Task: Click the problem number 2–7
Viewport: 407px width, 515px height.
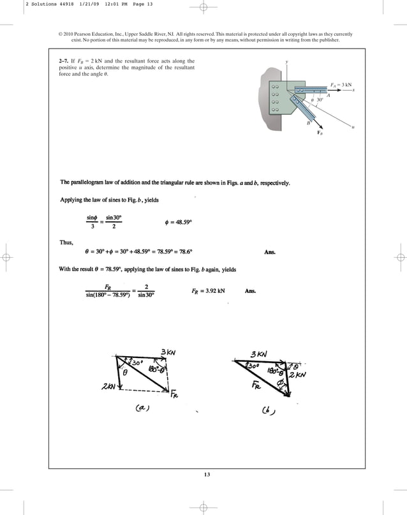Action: pyautogui.click(x=64, y=61)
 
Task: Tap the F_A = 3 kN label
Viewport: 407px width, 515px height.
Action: pyautogui.click(x=341, y=84)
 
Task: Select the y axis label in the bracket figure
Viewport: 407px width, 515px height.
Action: pyautogui.click(x=287, y=62)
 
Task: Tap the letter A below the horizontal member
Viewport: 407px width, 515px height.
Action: pyautogui.click(x=328, y=96)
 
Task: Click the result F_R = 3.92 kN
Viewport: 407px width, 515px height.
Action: pyautogui.click(x=208, y=291)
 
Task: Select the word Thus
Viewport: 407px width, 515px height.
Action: pyautogui.click(x=67, y=242)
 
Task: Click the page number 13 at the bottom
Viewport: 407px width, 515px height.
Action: pyautogui.click(x=204, y=474)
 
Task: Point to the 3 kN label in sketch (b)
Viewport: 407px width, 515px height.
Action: pyautogui.click(x=258, y=354)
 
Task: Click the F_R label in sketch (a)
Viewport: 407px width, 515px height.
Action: pyautogui.click(x=175, y=394)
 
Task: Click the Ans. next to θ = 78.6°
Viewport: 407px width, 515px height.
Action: pyautogui.click(x=269, y=251)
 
